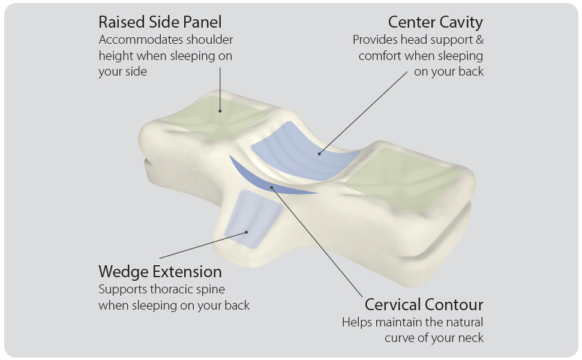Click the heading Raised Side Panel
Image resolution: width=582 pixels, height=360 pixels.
160,23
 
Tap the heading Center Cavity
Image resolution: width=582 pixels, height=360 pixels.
435,23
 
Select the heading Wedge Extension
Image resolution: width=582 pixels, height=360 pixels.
160,271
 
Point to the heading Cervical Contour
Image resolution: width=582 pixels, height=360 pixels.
424,304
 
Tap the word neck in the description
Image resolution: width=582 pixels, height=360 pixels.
470,338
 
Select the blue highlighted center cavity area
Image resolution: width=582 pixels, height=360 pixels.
306,150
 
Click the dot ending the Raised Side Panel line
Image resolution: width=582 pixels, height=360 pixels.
220,110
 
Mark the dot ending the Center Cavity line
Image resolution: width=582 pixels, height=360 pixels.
320,154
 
